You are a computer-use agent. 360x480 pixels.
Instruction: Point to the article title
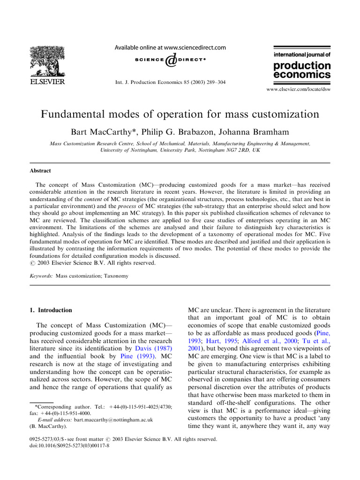[180, 114]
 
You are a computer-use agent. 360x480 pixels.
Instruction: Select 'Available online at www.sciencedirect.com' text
[170, 47]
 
